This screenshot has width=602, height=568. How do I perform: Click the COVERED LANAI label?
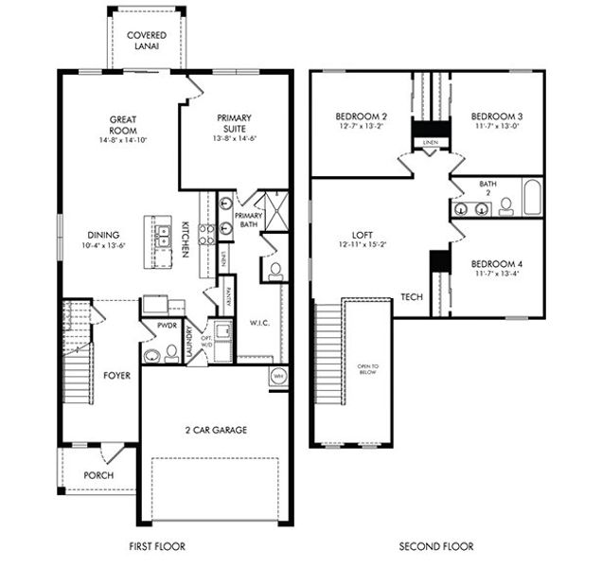point(147,40)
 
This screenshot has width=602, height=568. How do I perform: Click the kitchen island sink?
point(163,241)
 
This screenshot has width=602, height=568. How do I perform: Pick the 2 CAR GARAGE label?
point(216,430)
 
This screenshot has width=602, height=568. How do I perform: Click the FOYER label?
point(115,375)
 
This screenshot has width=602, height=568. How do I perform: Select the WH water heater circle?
point(278,376)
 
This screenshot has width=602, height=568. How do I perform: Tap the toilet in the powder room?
point(171,353)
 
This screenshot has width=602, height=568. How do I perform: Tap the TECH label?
point(411,296)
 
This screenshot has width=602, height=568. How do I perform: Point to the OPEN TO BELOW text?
point(368,369)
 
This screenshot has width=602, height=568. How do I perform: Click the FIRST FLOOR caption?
point(157,546)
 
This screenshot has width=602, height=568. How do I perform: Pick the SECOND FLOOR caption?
point(435,546)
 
